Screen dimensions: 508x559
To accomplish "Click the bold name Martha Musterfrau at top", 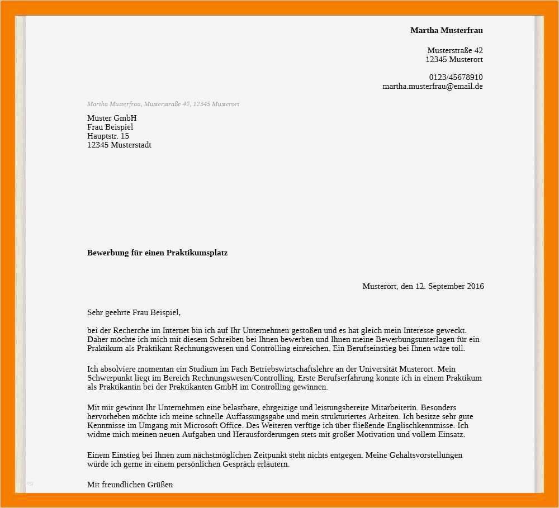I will tap(446, 30).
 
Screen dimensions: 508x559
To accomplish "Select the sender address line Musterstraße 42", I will tap(455, 50).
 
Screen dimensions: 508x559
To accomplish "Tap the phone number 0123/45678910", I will tap(456, 77).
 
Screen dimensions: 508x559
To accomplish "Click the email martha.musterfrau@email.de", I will tap(432, 86).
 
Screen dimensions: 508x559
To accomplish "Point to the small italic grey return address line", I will tap(163, 105).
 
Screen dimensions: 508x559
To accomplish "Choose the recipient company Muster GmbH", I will tap(112, 118).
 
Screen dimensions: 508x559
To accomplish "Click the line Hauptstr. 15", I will tap(108, 136).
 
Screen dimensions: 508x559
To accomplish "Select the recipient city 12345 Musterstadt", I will tap(119, 145).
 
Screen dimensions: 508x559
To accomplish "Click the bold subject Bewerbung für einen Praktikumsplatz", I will tap(157, 253).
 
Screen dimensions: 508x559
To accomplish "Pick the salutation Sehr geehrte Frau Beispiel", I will tap(134, 312).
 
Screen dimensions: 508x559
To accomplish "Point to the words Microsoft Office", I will tap(217, 425).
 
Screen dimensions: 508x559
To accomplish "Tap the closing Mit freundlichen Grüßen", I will tap(130, 485).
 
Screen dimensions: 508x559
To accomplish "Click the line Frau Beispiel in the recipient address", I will tap(110, 127).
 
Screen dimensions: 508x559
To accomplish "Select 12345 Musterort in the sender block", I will tap(454, 59).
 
